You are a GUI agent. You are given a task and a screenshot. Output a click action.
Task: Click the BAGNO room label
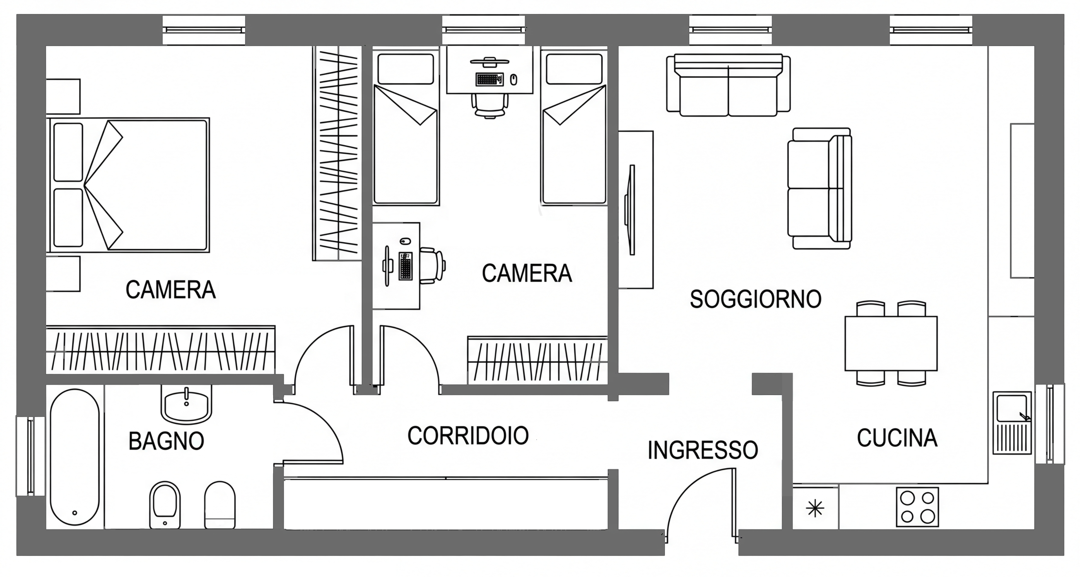tap(166, 441)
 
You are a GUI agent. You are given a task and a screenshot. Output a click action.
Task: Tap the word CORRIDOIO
tap(467, 436)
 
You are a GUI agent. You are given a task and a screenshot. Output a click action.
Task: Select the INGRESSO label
tap(703, 450)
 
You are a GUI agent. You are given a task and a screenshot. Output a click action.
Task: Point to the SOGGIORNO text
tap(755, 299)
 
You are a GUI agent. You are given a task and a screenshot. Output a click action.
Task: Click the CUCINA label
tap(897, 438)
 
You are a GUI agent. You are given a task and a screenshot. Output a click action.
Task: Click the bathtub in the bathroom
tap(75, 457)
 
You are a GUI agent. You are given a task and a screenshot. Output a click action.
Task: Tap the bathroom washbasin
tap(186, 406)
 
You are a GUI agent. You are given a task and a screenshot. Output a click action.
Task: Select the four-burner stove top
tap(917, 507)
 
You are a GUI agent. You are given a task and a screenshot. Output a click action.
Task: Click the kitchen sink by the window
tap(1012, 423)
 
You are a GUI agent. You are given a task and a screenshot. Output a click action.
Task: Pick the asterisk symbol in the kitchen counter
tap(815, 509)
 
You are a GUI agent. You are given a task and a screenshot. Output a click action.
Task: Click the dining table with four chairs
tap(890, 343)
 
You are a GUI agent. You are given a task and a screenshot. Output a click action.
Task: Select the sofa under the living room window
tap(728, 85)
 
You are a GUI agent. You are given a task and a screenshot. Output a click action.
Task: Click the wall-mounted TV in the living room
tap(631, 210)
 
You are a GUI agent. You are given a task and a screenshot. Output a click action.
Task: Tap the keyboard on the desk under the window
tap(489, 79)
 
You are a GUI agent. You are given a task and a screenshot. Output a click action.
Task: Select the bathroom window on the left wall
tap(30, 456)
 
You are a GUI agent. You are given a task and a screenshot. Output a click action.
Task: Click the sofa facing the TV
tap(820, 189)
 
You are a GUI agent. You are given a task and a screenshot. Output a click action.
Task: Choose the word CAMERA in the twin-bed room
tap(527, 274)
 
